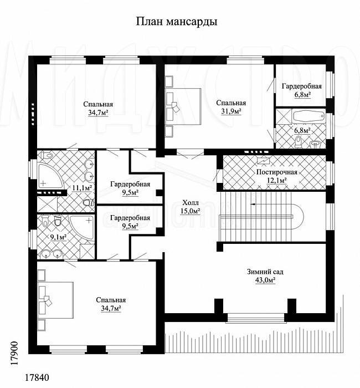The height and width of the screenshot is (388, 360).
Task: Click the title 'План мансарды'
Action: click(177, 22)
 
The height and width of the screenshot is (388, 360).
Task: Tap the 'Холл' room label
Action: click(191, 203)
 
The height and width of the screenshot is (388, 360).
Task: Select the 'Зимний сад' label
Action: click(265, 272)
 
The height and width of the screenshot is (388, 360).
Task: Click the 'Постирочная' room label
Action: click(277, 172)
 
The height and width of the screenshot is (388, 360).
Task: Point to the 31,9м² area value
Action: click(231, 111)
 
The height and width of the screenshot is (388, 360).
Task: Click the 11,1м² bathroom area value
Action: click(82, 188)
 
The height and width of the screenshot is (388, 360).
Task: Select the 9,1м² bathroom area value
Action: click(58, 237)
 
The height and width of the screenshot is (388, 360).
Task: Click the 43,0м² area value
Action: click(265, 280)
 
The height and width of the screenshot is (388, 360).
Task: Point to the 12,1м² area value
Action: click(277, 180)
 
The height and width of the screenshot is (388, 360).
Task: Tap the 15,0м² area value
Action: click(190, 211)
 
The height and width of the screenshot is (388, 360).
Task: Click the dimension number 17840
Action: click(37, 377)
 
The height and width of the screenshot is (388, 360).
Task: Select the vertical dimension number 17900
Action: click(15, 353)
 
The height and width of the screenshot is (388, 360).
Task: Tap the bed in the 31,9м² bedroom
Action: click(183, 106)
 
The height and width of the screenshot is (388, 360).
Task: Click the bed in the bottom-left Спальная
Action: click(55, 300)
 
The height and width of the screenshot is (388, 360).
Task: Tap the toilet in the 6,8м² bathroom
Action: click(299, 141)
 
